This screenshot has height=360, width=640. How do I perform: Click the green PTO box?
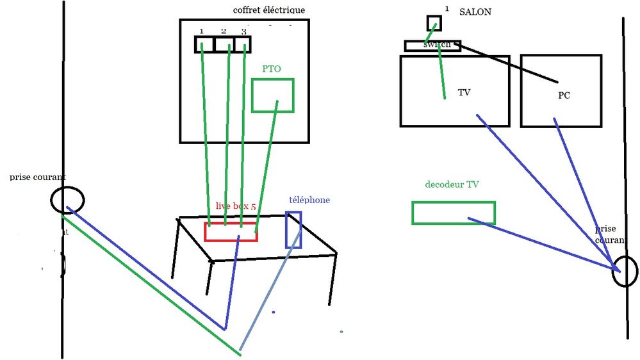pyautogui.click(x=272, y=95)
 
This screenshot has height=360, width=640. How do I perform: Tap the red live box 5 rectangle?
pyautogui.click(x=231, y=232)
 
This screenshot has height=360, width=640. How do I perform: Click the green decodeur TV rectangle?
pyautogui.click(x=453, y=213)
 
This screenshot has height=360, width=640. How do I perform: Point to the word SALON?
pyautogui.click(x=475, y=12)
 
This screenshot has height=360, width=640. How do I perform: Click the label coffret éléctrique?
pyautogui.click(x=269, y=10)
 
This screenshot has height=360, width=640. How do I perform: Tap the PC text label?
pyautogui.click(x=564, y=95)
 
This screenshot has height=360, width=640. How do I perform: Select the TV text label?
pyautogui.click(x=464, y=92)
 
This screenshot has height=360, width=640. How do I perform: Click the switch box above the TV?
pyautogui.click(x=432, y=45)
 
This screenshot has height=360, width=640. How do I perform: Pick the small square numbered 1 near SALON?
pyautogui.click(x=434, y=23)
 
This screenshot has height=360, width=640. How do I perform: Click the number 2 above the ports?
pyautogui.click(x=224, y=31)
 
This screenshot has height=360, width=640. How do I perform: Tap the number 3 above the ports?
pyautogui.click(x=243, y=31)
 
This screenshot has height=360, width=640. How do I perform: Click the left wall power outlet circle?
pyautogui.click(x=67, y=200)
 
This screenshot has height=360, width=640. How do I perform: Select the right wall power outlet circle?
pyautogui.click(x=625, y=271)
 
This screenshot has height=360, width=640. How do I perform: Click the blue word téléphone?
pyautogui.click(x=309, y=200)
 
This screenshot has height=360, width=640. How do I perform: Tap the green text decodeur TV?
pyautogui.click(x=452, y=184)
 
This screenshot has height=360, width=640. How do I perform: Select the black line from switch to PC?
pyautogui.click(x=513, y=65)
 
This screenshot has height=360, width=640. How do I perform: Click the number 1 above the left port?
pyautogui.click(x=201, y=31)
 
